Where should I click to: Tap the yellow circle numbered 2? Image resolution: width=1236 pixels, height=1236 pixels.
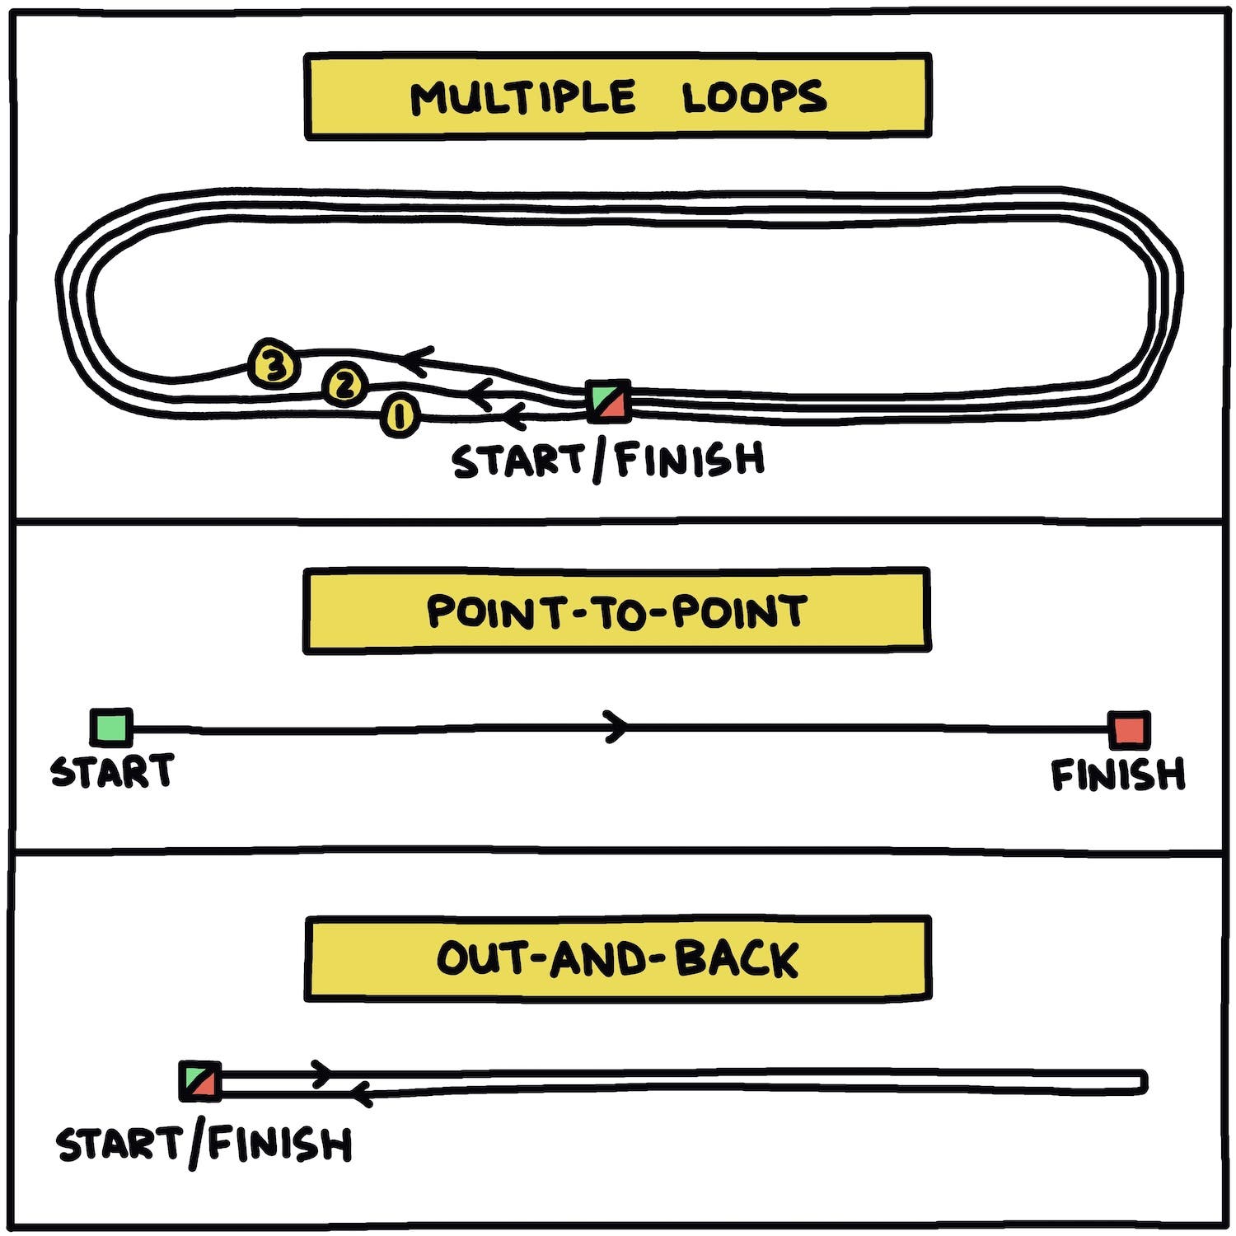tap(344, 384)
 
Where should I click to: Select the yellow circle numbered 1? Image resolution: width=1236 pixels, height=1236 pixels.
tap(400, 415)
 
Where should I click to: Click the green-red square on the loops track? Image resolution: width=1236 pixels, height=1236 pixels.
tap(609, 401)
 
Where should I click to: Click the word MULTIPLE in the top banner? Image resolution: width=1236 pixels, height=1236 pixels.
tap(522, 97)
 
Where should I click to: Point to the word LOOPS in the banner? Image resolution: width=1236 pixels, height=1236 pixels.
tap(753, 97)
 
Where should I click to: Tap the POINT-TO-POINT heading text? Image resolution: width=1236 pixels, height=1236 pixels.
tap(616, 612)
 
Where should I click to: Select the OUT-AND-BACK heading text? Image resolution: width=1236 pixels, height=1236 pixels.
tap(617, 959)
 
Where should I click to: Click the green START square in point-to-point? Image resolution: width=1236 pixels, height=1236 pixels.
tap(111, 727)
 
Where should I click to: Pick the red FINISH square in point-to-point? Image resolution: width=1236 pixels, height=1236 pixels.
tap(1128, 730)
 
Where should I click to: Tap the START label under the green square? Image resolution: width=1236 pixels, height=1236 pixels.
tap(112, 772)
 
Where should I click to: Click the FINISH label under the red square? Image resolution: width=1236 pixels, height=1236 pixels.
tap(1117, 775)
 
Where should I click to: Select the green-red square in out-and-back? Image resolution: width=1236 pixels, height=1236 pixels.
tap(200, 1081)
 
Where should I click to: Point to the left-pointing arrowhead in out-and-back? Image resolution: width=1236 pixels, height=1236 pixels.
tap(360, 1094)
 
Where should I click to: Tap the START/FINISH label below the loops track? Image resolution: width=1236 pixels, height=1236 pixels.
tap(608, 460)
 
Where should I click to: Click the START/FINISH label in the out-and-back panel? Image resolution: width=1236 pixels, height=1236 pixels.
tap(204, 1145)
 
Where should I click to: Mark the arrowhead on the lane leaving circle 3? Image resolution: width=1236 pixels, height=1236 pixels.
tap(416, 359)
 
